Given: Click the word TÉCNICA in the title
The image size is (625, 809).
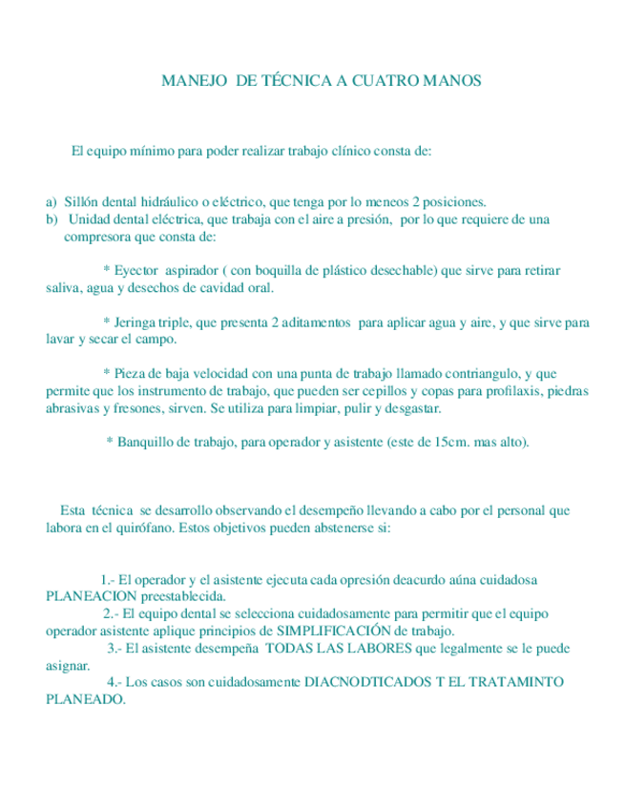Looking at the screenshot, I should click(287, 81).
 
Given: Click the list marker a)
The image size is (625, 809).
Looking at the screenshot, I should click(52, 201).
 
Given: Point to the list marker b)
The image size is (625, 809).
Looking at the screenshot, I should click(52, 218).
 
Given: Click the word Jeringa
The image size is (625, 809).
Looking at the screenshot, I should click(139, 322).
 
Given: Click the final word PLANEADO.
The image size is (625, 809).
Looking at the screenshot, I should click(84, 699).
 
